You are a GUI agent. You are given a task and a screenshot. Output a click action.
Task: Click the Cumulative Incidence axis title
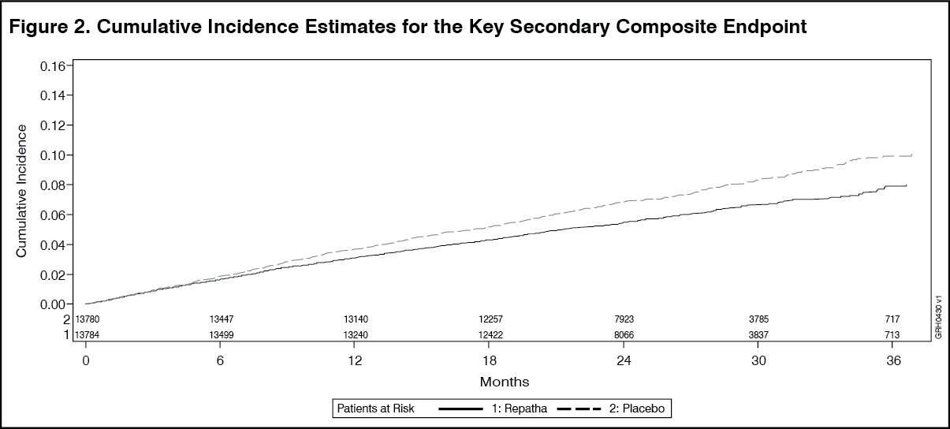pos(23,190)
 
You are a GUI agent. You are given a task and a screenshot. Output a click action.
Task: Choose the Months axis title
pos(505,382)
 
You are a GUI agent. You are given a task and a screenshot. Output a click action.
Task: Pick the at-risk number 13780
pos(87,319)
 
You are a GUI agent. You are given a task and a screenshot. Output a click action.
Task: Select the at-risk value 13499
pos(221,335)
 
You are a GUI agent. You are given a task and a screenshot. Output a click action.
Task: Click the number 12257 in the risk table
pos(490,319)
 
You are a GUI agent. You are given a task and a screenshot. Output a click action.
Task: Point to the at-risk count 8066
pos(624,335)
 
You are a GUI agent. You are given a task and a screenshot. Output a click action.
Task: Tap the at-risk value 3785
pos(758,319)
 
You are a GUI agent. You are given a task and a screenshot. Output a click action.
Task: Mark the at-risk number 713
pos(893,335)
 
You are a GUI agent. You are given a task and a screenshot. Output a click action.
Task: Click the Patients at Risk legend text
pos(375,408)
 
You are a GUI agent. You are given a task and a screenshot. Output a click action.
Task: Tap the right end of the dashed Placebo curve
pos(911,155)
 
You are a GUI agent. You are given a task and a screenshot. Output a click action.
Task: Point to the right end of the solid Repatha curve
pos(907,185)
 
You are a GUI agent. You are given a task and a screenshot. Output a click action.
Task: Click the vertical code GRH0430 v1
pos(938,317)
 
